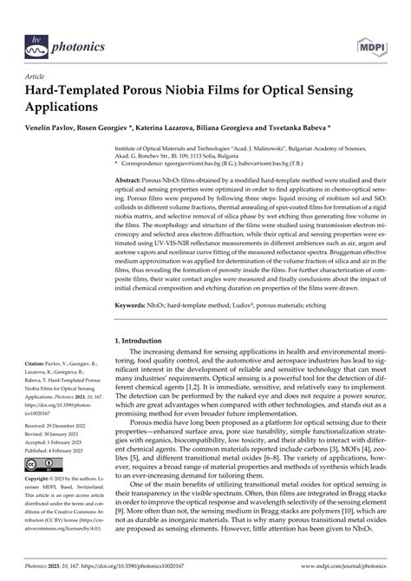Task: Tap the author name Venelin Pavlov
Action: point(51,126)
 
